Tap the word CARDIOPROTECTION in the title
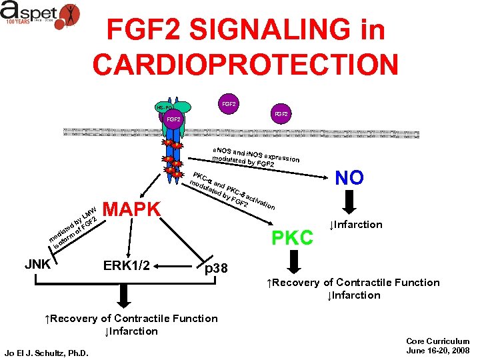(245, 65)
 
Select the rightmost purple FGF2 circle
(281, 115)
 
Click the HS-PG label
(163, 107)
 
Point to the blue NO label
(349, 177)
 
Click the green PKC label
(292, 237)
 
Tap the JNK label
(39, 264)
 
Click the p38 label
(216, 268)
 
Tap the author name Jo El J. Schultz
(47, 352)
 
